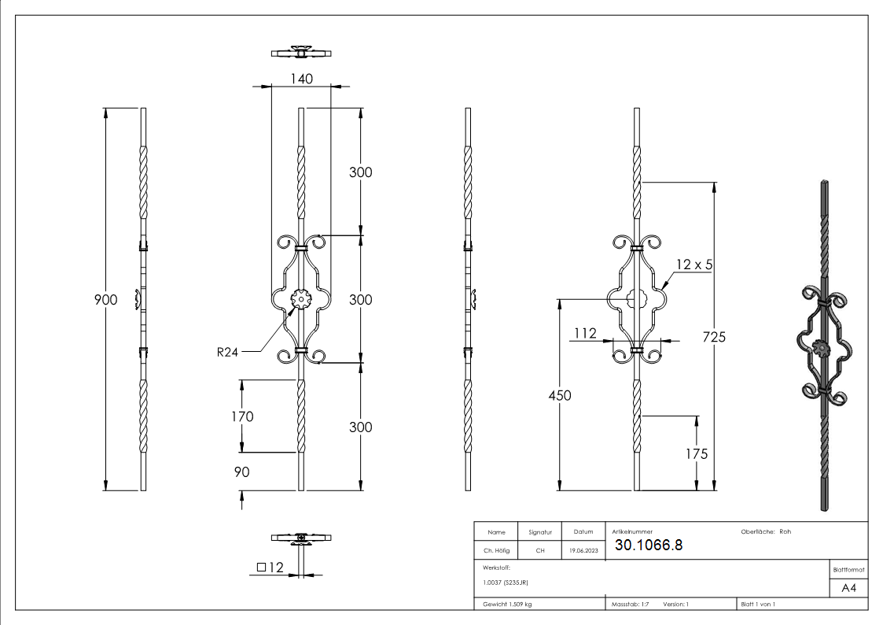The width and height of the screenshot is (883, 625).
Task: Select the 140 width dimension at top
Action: [x=302, y=79]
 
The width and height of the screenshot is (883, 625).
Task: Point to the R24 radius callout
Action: [x=228, y=352]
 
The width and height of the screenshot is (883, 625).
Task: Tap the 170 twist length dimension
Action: [x=243, y=416]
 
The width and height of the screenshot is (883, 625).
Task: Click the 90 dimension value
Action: [x=241, y=472]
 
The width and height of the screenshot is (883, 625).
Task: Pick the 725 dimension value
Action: [x=713, y=337]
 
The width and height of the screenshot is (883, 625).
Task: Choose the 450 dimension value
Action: [x=560, y=395]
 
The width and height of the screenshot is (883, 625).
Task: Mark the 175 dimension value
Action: [x=696, y=453]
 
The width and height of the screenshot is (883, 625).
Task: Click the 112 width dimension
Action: [x=585, y=333]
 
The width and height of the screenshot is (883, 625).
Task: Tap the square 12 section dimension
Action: [x=269, y=567]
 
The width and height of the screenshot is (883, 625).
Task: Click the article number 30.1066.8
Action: [x=649, y=545]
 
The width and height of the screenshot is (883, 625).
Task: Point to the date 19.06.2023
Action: [x=583, y=551]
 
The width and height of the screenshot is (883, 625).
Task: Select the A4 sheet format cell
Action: [x=848, y=588]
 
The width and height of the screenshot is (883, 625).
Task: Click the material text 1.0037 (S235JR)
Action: [x=506, y=582]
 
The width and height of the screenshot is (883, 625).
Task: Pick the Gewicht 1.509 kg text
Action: [x=507, y=605]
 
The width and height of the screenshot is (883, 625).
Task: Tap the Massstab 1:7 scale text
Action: [x=629, y=605]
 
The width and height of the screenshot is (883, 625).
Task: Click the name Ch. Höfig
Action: [x=496, y=551]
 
